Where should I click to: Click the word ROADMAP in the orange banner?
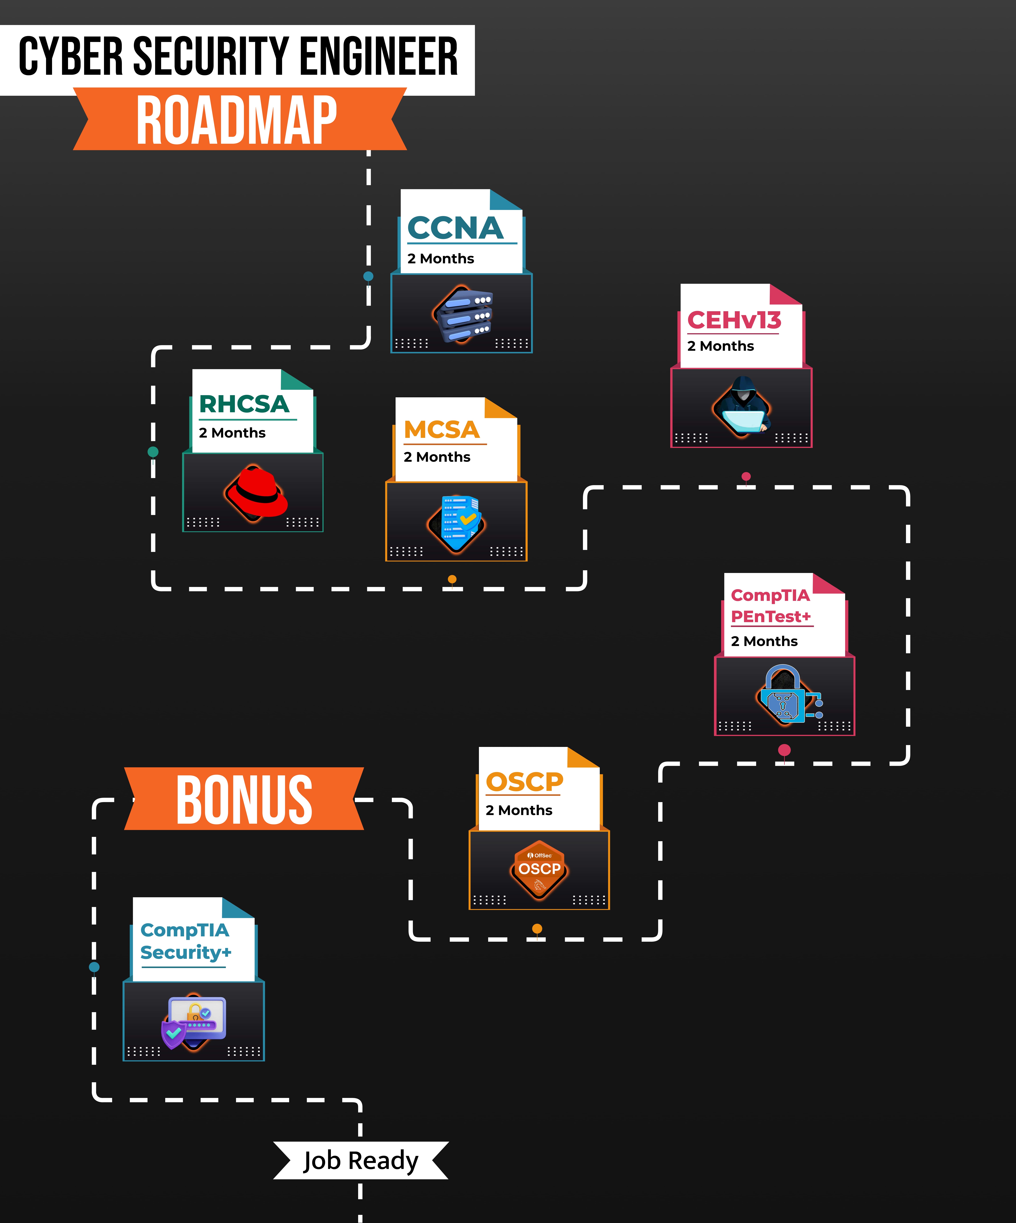(236, 121)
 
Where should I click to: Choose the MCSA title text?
(442, 430)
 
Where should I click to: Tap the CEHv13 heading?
(734, 320)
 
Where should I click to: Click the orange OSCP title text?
(524, 782)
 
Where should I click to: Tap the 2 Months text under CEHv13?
(721, 346)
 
